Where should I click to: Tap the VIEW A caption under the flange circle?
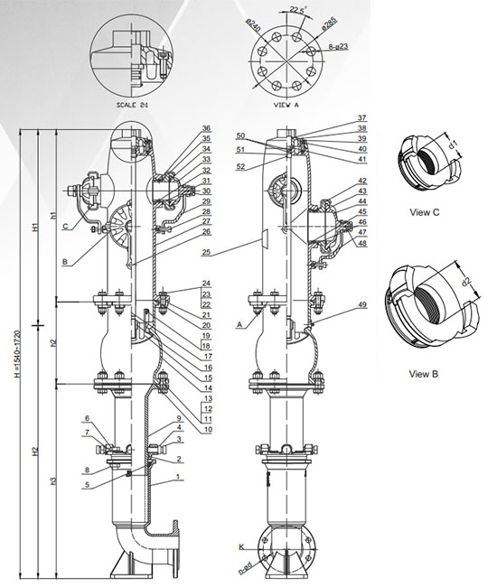click(289, 104)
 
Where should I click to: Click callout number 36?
click(207, 129)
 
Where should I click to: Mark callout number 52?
click(239, 167)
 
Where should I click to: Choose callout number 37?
click(361, 118)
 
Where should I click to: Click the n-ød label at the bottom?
click(246, 569)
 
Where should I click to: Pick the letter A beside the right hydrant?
click(238, 323)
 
